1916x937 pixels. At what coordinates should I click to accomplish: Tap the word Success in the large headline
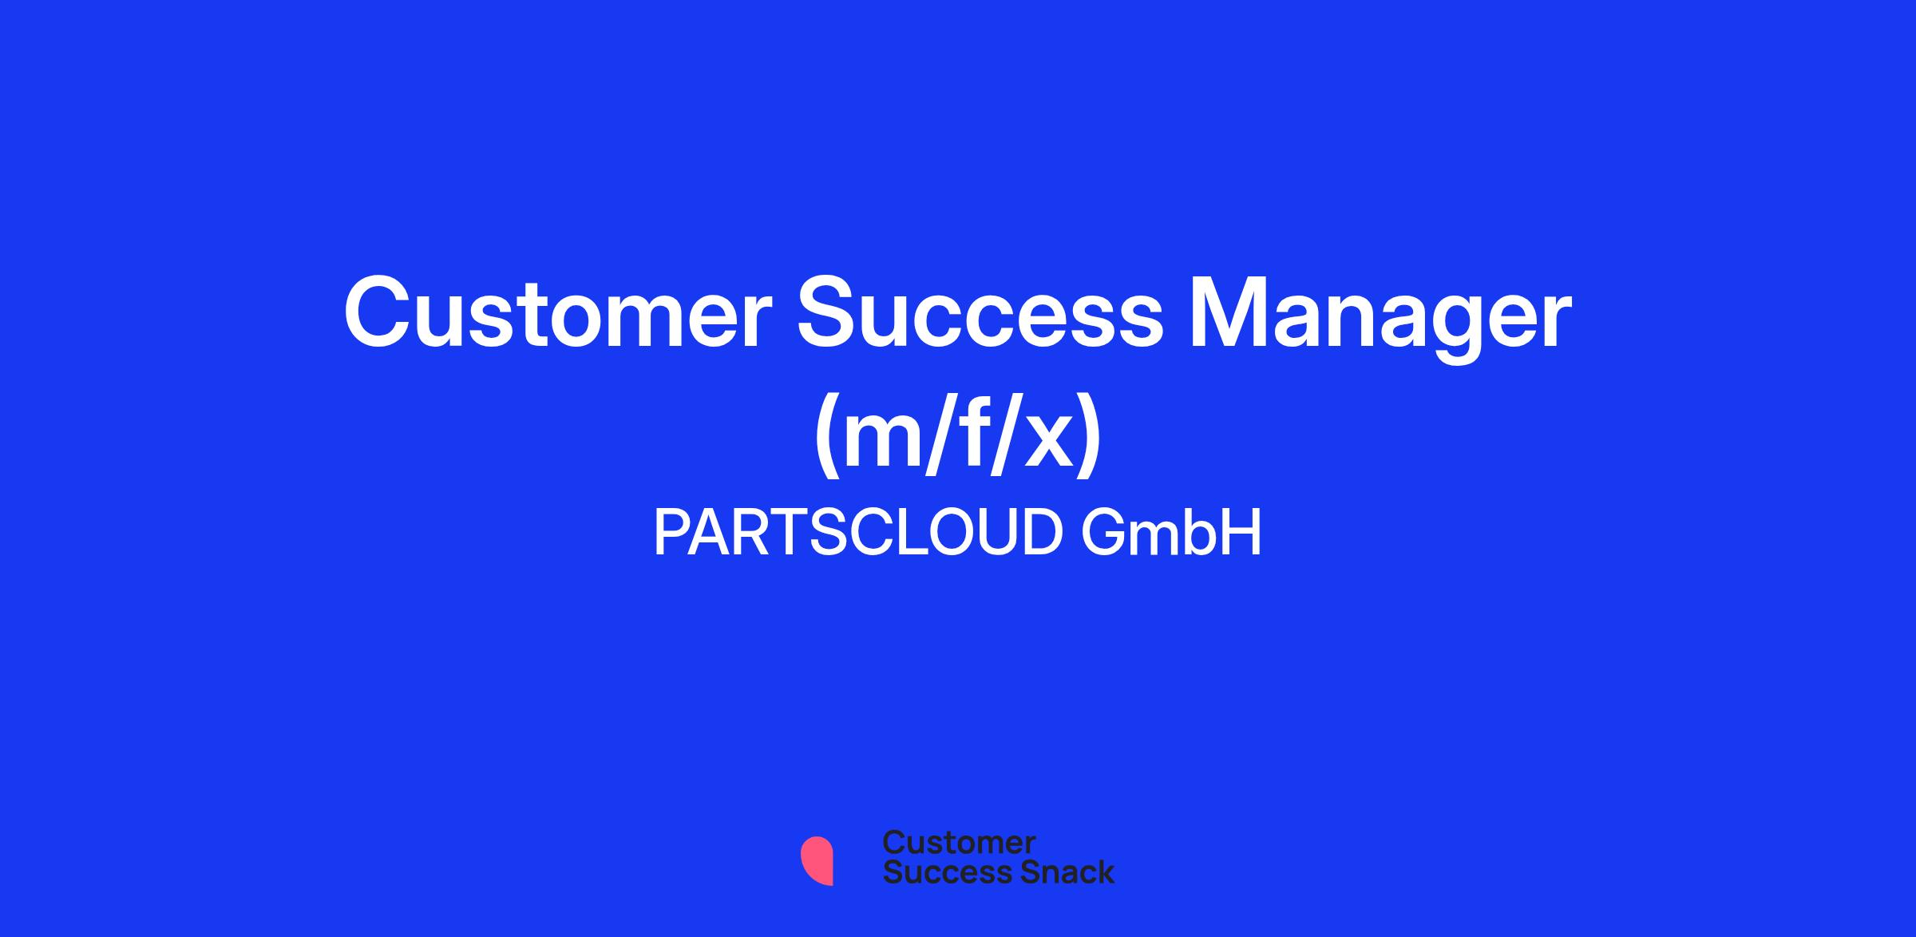(x=981, y=313)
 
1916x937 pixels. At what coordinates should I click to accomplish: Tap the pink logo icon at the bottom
(x=817, y=860)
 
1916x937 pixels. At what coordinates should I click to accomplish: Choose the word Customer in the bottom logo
(x=959, y=843)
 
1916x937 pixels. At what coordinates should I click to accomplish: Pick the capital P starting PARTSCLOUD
(x=673, y=533)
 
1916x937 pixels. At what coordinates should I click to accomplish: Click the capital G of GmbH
(x=1105, y=533)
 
